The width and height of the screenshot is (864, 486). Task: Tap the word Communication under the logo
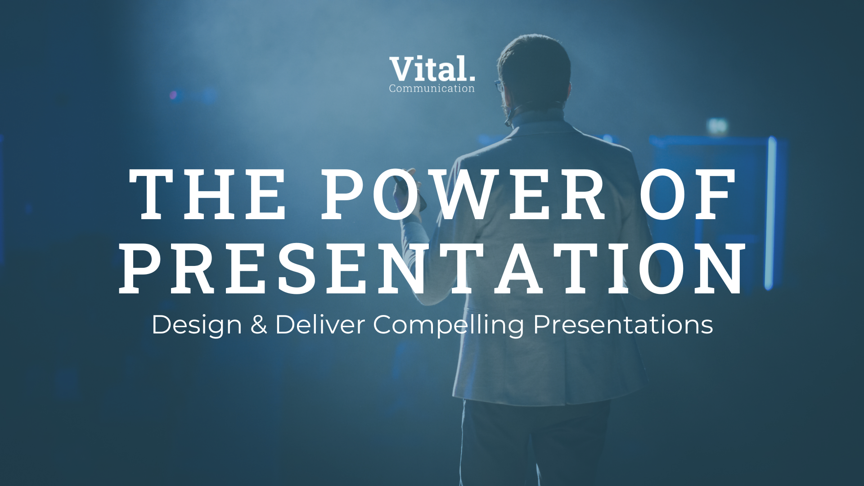pos(432,89)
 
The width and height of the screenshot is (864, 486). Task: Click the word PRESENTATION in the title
pos(432,269)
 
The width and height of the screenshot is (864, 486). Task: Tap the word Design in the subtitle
pos(197,325)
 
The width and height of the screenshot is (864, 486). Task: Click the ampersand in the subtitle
pos(259,324)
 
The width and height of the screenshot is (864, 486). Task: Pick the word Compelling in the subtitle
pos(449,325)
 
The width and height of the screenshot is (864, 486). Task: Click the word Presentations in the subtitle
pos(623,324)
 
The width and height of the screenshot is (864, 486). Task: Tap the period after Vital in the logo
pos(471,79)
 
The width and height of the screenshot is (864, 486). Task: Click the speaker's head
pos(534,72)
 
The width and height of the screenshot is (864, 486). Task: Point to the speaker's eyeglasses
pos(499,85)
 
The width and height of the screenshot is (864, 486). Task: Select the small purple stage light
pos(174,95)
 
